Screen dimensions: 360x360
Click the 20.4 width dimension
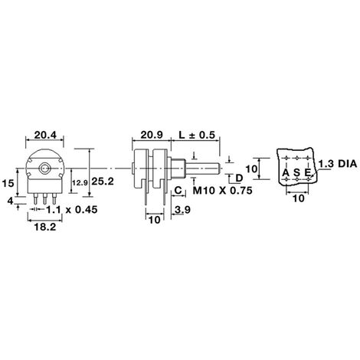click(45, 135)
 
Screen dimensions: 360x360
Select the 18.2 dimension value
click(45, 227)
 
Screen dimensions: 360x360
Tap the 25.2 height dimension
click(103, 182)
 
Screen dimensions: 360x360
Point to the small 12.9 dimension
click(80, 183)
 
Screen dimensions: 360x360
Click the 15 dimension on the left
click(8, 183)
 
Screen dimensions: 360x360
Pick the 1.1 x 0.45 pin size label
click(72, 210)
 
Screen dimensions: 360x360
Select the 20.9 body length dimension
click(152, 135)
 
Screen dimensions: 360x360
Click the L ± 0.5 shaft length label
click(197, 135)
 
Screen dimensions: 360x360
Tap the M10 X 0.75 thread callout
click(222, 191)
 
